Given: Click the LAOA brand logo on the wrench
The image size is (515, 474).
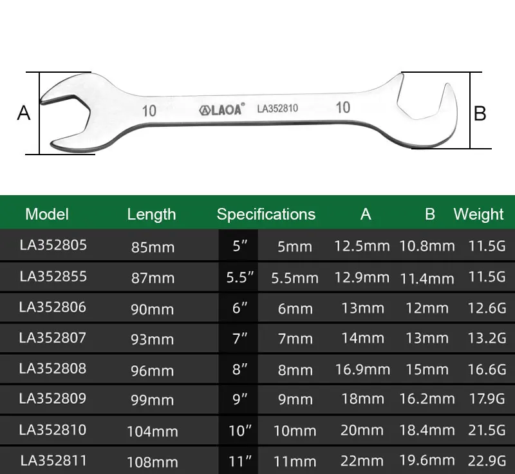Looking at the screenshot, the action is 221,109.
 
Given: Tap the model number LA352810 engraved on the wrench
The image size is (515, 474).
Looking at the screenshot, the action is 277,108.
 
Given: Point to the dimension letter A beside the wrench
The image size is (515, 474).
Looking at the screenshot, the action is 24,113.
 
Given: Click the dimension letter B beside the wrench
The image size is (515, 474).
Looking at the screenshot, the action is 480,113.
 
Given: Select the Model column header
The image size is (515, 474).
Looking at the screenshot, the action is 47,214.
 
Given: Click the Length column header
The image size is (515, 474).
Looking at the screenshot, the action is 151,214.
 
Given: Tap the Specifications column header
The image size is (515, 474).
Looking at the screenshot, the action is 266,214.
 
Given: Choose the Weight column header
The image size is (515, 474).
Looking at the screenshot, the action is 478,214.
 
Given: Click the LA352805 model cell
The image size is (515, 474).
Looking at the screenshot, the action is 53,245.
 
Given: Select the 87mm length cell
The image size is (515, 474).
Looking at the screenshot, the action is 153,278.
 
